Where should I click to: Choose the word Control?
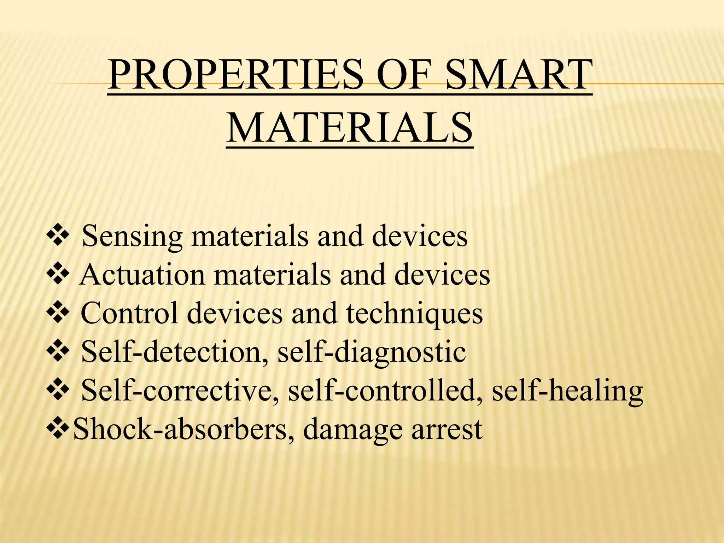(129, 314)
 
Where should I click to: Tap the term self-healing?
(568, 391)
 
